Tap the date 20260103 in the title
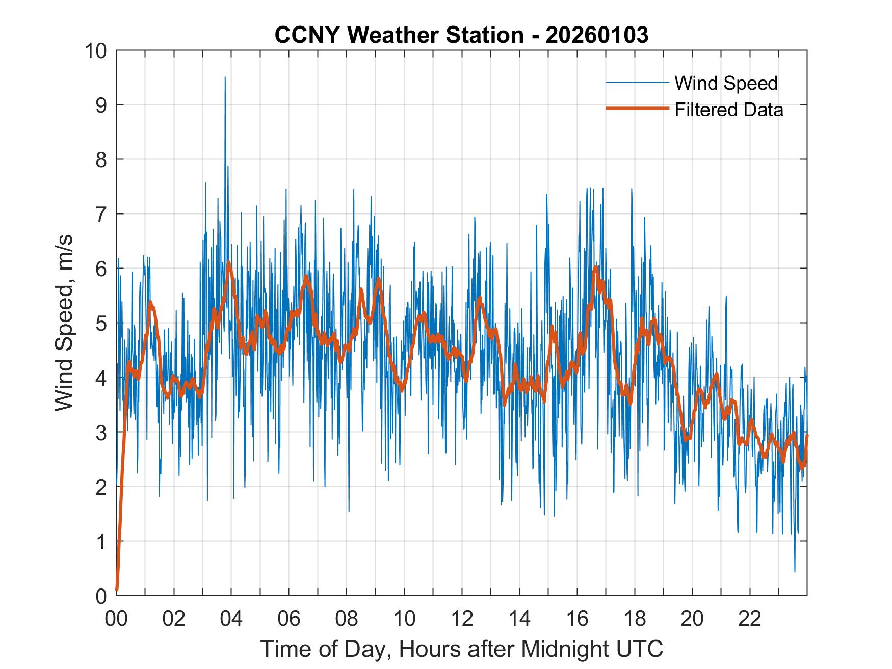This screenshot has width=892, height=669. [x=597, y=35]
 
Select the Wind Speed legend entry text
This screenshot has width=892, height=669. [x=726, y=83]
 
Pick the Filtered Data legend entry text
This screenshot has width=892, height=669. [x=728, y=110]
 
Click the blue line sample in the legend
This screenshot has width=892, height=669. [x=637, y=83]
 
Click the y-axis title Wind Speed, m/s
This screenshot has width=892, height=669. [x=65, y=323]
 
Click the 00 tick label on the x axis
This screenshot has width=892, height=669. [x=116, y=619]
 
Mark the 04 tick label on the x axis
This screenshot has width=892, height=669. [x=231, y=619]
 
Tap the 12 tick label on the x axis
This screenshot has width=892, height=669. [x=462, y=619]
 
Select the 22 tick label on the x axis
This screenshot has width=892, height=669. [x=750, y=619]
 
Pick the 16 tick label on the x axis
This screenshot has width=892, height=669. [x=577, y=619]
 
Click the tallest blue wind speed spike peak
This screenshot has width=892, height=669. [x=225, y=77]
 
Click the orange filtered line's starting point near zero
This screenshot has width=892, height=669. [x=117, y=590]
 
